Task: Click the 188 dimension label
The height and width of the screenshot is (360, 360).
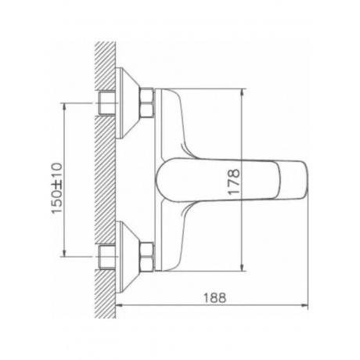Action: tap(214, 297)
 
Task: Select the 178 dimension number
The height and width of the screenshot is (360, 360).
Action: tap(233, 182)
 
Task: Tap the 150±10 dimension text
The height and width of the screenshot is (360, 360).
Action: tap(57, 188)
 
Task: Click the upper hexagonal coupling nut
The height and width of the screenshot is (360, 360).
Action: tap(146, 103)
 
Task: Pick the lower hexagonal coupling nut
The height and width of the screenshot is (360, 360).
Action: tap(146, 257)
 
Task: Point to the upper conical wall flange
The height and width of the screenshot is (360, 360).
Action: tap(128, 103)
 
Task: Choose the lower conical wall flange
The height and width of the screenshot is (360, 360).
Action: tap(128, 257)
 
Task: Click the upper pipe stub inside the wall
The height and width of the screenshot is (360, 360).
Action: tap(107, 103)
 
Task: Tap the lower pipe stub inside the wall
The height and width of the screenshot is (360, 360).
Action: tap(107, 257)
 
